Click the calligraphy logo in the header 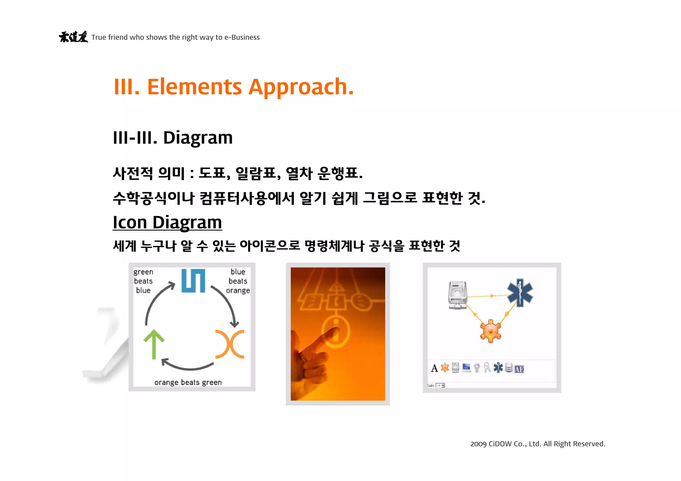tap(73, 37)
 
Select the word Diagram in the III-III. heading tap(198, 138)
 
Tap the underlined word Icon tap(130, 222)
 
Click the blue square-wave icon tap(193, 281)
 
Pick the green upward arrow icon tap(154, 344)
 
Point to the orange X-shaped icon tap(230, 344)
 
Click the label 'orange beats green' tap(188, 382)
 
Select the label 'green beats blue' tap(143, 281)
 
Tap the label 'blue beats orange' tap(238, 281)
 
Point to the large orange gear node tap(490, 331)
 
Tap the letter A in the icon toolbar tap(434, 368)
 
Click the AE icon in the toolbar tap(519, 369)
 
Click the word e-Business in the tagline tap(242, 37)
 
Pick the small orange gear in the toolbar tap(445, 368)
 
